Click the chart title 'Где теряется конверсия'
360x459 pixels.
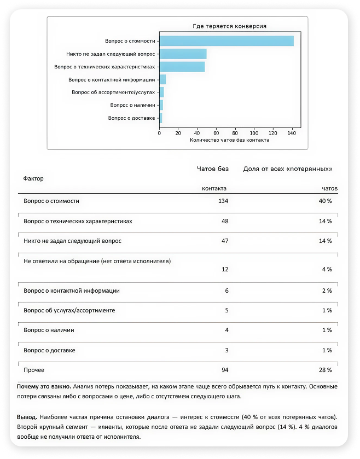[229, 26]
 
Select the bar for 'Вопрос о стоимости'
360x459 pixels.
[227, 41]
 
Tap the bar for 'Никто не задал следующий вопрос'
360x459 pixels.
[183, 54]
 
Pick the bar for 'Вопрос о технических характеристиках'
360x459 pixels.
[182, 67]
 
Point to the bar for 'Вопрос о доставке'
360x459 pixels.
[161, 118]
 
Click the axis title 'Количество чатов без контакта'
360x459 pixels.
[229, 141]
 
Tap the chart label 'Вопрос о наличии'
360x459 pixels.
[133, 105]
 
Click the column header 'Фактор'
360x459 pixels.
[33, 178]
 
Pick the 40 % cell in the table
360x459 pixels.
[326, 201]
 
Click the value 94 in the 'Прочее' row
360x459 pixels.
[224, 370]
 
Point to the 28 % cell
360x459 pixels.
[326, 370]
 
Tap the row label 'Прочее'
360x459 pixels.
[34, 370]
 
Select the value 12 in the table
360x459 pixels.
[224, 269]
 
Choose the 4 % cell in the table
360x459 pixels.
[327, 269]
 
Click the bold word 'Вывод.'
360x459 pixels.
[27, 417]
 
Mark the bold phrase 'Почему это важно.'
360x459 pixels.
[44, 386]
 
